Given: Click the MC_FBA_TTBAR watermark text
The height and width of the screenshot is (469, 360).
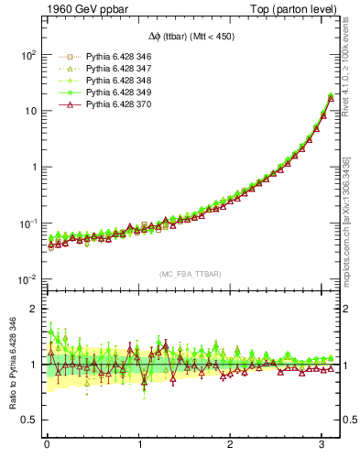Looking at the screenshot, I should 192,274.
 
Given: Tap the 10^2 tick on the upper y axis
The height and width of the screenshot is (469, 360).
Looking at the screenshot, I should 27,55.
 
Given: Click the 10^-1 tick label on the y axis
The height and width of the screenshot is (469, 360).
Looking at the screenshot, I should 27,224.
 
